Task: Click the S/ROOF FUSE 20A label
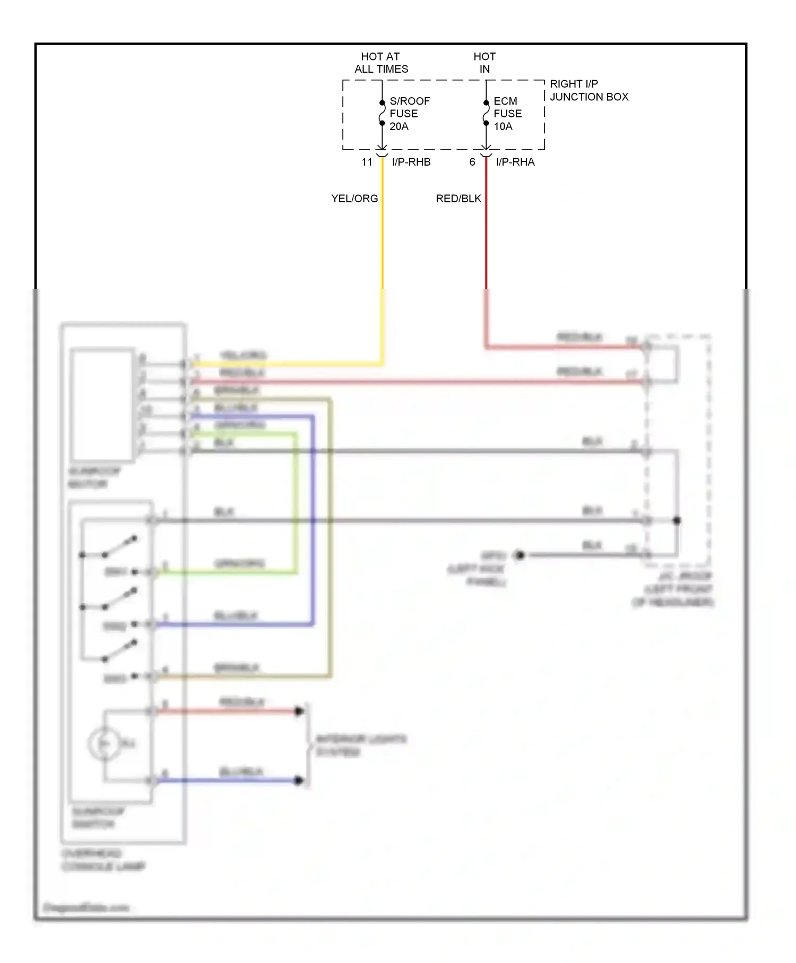(409, 114)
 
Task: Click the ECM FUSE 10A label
(507, 114)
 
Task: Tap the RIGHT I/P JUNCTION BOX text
(589, 90)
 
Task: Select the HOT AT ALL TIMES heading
(381, 63)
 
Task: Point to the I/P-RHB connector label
(411, 162)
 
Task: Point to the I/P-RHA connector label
(515, 162)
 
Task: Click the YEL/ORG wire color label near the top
(354, 199)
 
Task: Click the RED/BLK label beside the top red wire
(458, 199)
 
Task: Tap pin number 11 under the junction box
(367, 162)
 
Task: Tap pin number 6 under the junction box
(472, 162)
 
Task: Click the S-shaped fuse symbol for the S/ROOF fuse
(382, 113)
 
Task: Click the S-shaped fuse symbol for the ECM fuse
(486, 113)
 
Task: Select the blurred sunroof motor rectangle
(102, 404)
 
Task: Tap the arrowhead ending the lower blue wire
(299, 780)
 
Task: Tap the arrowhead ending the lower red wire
(299, 711)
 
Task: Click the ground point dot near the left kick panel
(520, 555)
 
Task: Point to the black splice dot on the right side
(677, 521)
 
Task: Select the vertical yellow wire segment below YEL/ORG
(382, 239)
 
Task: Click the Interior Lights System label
(360, 745)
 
